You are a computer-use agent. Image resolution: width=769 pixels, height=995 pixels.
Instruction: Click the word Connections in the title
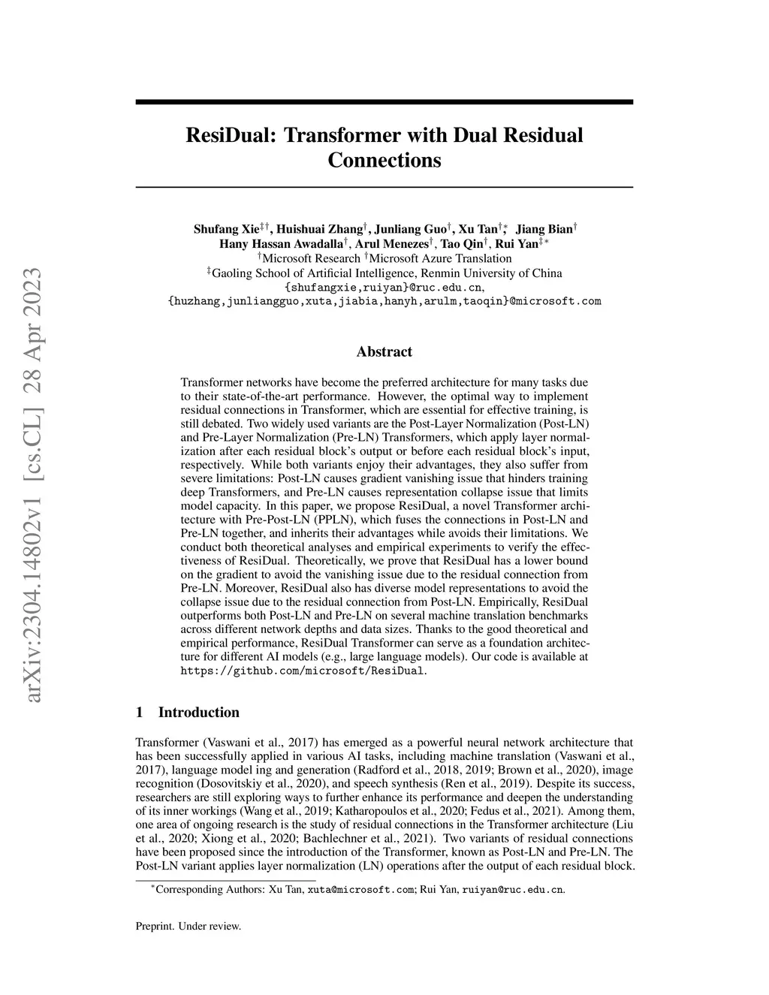coord(384,160)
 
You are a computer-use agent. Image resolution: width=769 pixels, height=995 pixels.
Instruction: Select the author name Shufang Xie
coord(226,229)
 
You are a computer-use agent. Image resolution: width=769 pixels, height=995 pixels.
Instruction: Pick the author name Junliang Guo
coord(410,229)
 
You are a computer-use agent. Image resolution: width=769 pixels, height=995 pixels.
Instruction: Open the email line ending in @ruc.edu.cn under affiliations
coord(384,288)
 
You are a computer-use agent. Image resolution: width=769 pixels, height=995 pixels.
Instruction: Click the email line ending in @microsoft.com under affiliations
coord(384,302)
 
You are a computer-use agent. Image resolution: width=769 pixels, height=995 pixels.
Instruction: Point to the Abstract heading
coord(384,351)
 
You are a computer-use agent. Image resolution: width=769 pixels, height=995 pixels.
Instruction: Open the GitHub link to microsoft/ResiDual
coord(303,671)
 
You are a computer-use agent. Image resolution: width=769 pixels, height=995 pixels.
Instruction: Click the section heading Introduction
coord(198,713)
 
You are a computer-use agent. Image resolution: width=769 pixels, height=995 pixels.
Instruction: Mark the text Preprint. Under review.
coord(188,926)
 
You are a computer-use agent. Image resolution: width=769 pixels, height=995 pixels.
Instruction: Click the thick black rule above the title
coord(384,101)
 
